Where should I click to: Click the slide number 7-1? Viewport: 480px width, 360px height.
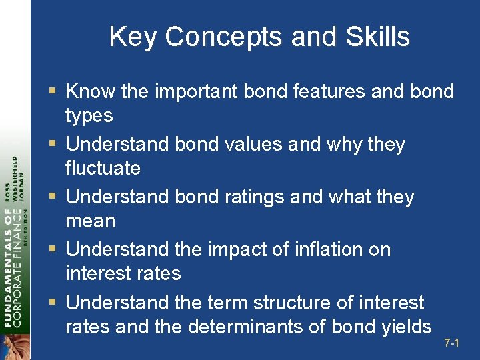[x=452, y=343]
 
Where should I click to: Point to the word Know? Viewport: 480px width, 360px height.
[x=91, y=91]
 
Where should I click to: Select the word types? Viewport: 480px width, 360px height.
[x=89, y=116]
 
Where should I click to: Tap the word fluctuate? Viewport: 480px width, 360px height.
[x=103, y=168]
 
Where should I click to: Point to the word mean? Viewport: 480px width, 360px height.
[x=90, y=221]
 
